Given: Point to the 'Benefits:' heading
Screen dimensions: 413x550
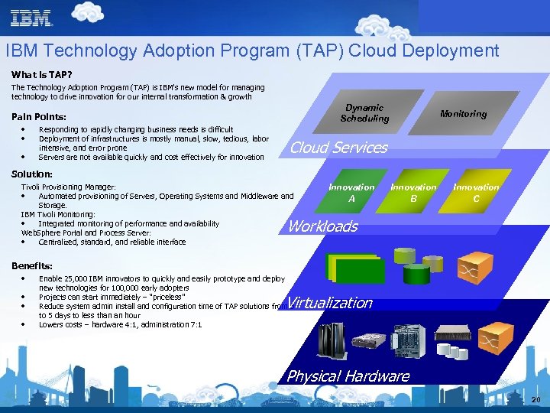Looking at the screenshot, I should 32,265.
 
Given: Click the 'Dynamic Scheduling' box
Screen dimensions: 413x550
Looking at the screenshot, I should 364,113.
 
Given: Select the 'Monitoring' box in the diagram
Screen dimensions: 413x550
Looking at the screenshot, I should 463,114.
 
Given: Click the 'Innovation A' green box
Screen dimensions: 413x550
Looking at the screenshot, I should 351,192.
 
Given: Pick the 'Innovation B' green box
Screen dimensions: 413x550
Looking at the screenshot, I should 413,192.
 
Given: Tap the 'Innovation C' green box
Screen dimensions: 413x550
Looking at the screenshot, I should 476,192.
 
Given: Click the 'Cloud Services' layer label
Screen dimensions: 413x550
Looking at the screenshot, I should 338,148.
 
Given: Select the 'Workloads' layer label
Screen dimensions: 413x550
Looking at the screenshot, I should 322,226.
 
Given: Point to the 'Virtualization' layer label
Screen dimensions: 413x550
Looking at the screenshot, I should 331,303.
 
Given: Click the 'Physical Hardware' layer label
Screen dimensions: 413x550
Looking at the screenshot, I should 348,376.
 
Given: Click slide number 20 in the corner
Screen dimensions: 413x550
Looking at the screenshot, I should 535,400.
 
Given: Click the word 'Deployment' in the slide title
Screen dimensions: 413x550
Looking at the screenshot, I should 453,51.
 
